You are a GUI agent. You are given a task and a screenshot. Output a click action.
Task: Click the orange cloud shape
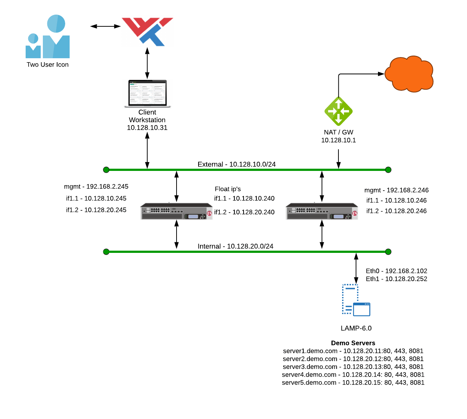409,74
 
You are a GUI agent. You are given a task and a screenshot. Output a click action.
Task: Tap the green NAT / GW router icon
338,111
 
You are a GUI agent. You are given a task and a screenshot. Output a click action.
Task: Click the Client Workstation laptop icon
147,93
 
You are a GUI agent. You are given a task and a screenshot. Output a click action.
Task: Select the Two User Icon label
48,65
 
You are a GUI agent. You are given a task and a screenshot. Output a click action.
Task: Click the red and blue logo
147,31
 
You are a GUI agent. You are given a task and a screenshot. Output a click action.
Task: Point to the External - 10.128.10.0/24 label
237,164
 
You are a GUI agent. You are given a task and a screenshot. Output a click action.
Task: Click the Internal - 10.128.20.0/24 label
236,246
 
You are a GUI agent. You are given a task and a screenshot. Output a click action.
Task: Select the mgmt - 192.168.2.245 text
96,187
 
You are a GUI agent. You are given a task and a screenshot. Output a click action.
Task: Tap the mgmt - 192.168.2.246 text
396,190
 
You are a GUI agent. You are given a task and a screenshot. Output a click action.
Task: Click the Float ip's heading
228,189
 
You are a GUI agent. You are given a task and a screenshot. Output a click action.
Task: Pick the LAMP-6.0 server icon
356,300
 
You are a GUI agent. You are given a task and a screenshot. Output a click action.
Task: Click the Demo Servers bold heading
353,343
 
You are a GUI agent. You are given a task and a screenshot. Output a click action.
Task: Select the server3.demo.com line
353,367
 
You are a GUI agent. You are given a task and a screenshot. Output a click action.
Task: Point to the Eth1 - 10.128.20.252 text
396,279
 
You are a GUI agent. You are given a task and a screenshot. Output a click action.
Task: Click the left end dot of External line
106,170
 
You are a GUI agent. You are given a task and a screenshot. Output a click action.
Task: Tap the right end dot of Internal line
388,252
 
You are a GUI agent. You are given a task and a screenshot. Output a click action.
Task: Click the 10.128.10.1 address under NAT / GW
338,140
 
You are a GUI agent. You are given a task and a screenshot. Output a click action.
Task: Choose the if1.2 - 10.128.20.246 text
396,211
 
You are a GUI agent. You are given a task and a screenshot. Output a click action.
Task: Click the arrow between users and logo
105,26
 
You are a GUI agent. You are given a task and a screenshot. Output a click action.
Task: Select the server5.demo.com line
353,383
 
